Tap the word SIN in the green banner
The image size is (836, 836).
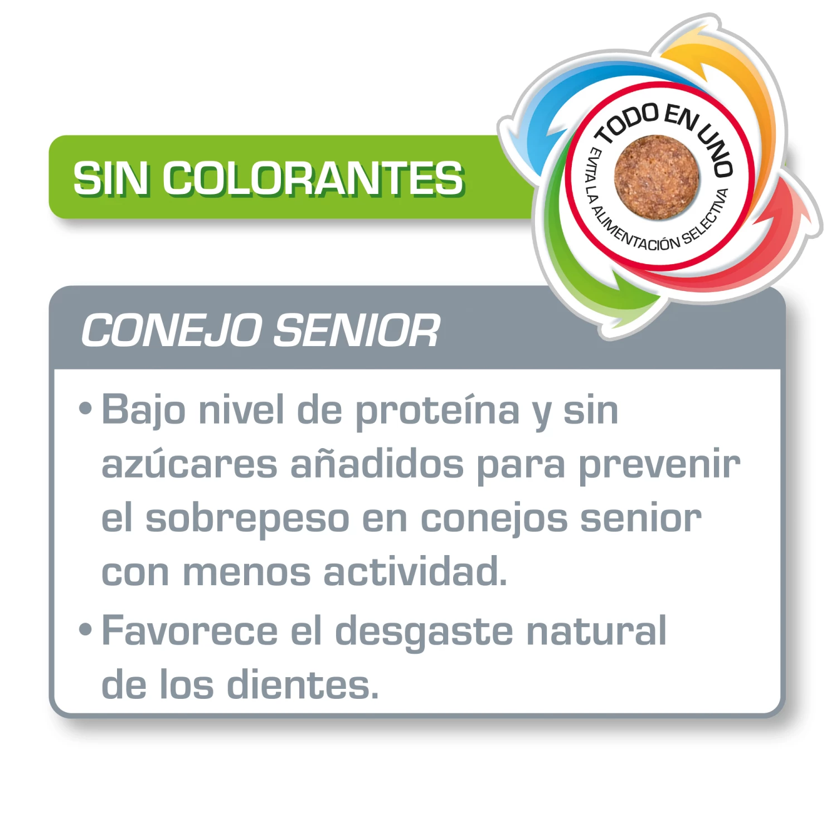click(111, 179)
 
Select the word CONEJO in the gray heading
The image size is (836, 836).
click(172, 330)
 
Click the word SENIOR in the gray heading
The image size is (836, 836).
click(357, 330)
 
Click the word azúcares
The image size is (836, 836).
click(189, 464)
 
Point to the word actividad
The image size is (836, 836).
click(415, 572)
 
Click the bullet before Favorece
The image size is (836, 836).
click(85, 630)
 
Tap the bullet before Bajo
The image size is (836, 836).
click(85, 409)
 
